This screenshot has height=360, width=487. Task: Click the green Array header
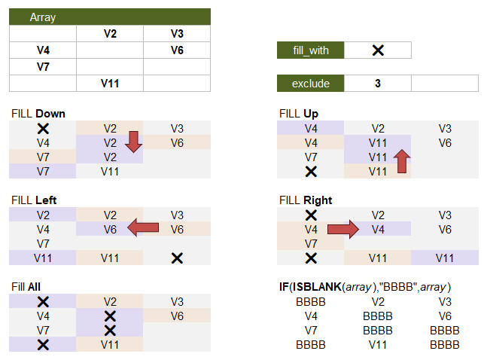(109, 17)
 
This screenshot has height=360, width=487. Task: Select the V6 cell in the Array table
(177, 50)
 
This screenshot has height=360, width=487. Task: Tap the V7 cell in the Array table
(43, 66)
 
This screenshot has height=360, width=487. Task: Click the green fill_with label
(311, 50)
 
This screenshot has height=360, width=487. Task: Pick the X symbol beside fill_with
(378, 50)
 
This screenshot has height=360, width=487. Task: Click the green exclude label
(311, 84)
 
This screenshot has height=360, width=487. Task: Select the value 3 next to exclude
(377, 84)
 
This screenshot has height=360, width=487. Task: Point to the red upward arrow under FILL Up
(402, 161)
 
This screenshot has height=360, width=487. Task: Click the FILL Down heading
(38, 114)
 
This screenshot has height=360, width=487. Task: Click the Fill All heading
(26, 287)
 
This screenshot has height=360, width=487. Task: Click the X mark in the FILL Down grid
(43, 129)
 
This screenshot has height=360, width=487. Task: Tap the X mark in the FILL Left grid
(177, 258)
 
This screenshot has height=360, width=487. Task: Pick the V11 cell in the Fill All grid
(110, 345)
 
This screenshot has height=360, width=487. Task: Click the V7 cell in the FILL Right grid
(311, 244)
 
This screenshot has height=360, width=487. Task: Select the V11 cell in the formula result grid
(378, 345)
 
